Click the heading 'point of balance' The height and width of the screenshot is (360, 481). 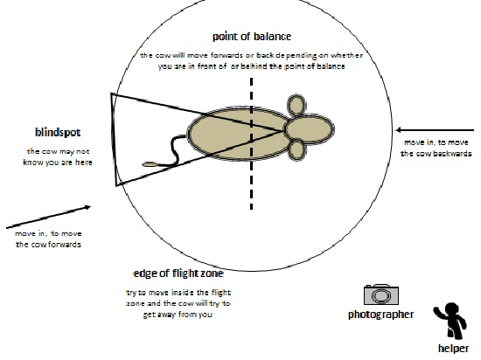[x=252, y=37]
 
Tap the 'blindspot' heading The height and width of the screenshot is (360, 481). [x=58, y=132]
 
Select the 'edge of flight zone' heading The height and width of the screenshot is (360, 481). [x=178, y=273]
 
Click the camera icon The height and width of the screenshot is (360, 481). [x=381, y=294]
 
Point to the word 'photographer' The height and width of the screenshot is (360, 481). [x=380, y=315]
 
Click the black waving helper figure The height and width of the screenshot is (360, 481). [x=450, y=321]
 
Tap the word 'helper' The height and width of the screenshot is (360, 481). [x=453, y=349]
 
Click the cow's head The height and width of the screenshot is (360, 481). [x=310, y=128]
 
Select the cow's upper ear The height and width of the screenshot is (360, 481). [x=296, y=105]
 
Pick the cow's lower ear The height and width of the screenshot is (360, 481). [x=297, y=150]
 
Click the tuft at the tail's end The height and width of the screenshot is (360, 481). [x=150, y=165]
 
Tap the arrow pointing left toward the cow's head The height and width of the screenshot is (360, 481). [x=435, y=130]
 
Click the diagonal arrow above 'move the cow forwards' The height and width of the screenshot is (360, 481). [x=48, y=218]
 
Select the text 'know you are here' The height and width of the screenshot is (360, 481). [x=58, y=163]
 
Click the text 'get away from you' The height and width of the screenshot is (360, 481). [x=178, y=315]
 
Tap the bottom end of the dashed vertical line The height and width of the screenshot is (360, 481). [x=252, y=210]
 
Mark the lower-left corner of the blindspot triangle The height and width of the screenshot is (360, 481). [x=116, y=185]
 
